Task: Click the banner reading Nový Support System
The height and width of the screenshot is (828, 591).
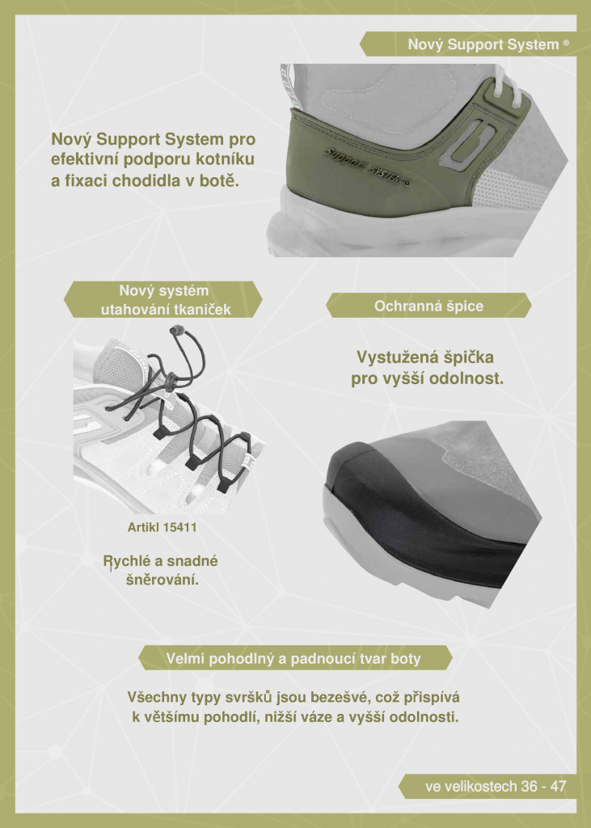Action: click(x=467, y=44)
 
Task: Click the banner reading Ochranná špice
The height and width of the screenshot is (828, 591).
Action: click(x=428, y=306)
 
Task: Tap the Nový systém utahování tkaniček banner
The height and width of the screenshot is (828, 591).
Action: click(x=163, y=299)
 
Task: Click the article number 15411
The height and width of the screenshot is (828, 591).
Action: click(x=179, y=527)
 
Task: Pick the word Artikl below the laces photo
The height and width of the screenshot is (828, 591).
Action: click(x=143, y=527)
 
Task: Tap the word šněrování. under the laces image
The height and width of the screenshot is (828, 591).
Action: click(x=163, y=580)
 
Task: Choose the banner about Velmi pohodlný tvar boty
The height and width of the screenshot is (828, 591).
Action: click(x=295, y=658)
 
